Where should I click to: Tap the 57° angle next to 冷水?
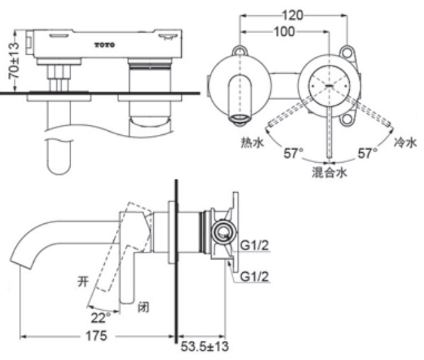367,153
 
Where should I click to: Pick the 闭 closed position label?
144,309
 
